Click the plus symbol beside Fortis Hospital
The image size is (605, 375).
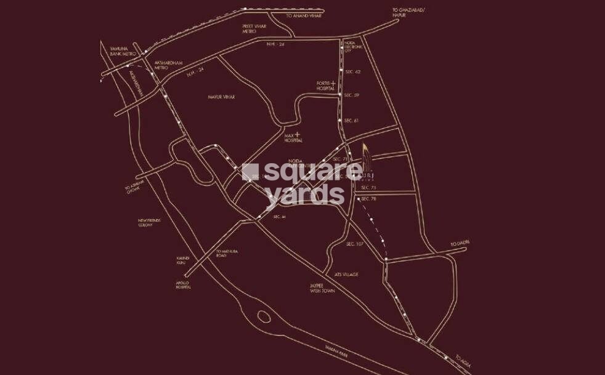point(333,83)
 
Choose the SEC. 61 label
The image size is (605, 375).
point(351,120)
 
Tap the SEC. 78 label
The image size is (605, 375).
point(368,198)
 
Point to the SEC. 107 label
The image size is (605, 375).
point(354,244)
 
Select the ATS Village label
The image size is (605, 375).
point(347,274)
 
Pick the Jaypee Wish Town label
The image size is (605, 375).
point(322,288)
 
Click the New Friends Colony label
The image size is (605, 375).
point(150,222)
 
